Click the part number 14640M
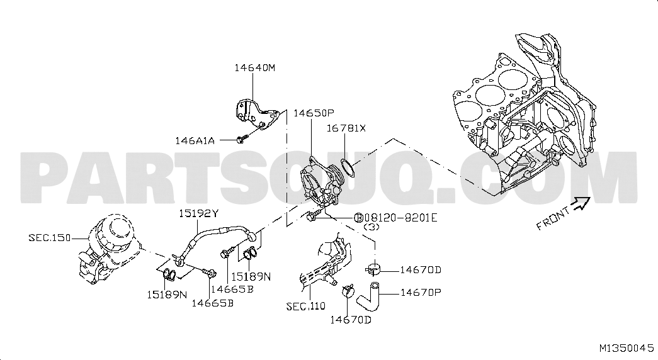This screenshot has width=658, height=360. coord(255,67)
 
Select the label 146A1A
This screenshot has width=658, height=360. coord(195,140)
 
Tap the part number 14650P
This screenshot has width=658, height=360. coord(314,113)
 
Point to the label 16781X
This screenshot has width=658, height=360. coord(346,128)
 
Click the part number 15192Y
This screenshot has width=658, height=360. coord(199,213)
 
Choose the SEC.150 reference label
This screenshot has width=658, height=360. coord(50,237)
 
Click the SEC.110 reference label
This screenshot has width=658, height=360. coord(306,307)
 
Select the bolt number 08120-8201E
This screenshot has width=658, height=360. coord(400,217)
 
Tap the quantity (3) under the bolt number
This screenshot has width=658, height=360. coord(372,227)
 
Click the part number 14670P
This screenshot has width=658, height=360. coord(421,292)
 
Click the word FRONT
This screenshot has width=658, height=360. coord(553,218)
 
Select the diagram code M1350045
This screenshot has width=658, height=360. coord(627,348)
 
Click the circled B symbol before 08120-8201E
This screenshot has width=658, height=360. coord(359,218)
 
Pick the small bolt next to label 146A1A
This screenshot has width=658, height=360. coord(242,138)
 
